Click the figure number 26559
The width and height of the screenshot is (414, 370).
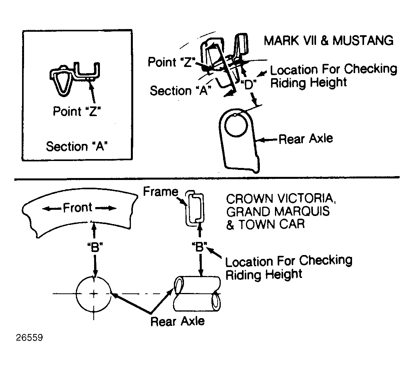point(29,337)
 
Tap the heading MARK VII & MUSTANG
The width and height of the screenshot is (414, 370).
point(328,41)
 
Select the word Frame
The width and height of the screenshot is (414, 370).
point(161,192)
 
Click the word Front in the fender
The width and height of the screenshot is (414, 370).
point(77,208)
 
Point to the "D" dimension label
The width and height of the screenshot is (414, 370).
point(249,85)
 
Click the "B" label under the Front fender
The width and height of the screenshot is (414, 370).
point(95,247)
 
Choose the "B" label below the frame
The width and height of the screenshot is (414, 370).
point(199,247)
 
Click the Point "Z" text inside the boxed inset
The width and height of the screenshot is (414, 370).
point(77,111)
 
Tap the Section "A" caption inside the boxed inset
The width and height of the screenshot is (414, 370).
point(77,146)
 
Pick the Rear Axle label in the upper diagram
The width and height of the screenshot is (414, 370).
point(306,139)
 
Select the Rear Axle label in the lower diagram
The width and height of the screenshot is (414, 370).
point(177,322)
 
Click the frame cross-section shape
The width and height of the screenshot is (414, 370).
point(195,209)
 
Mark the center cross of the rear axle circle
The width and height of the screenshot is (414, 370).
point(94,294)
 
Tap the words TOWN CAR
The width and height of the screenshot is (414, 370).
point(271,224)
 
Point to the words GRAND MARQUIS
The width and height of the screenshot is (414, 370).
point(278,211)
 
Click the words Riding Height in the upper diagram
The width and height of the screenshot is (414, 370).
point(308,83)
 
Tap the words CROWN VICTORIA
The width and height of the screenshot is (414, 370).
point(281,199)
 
